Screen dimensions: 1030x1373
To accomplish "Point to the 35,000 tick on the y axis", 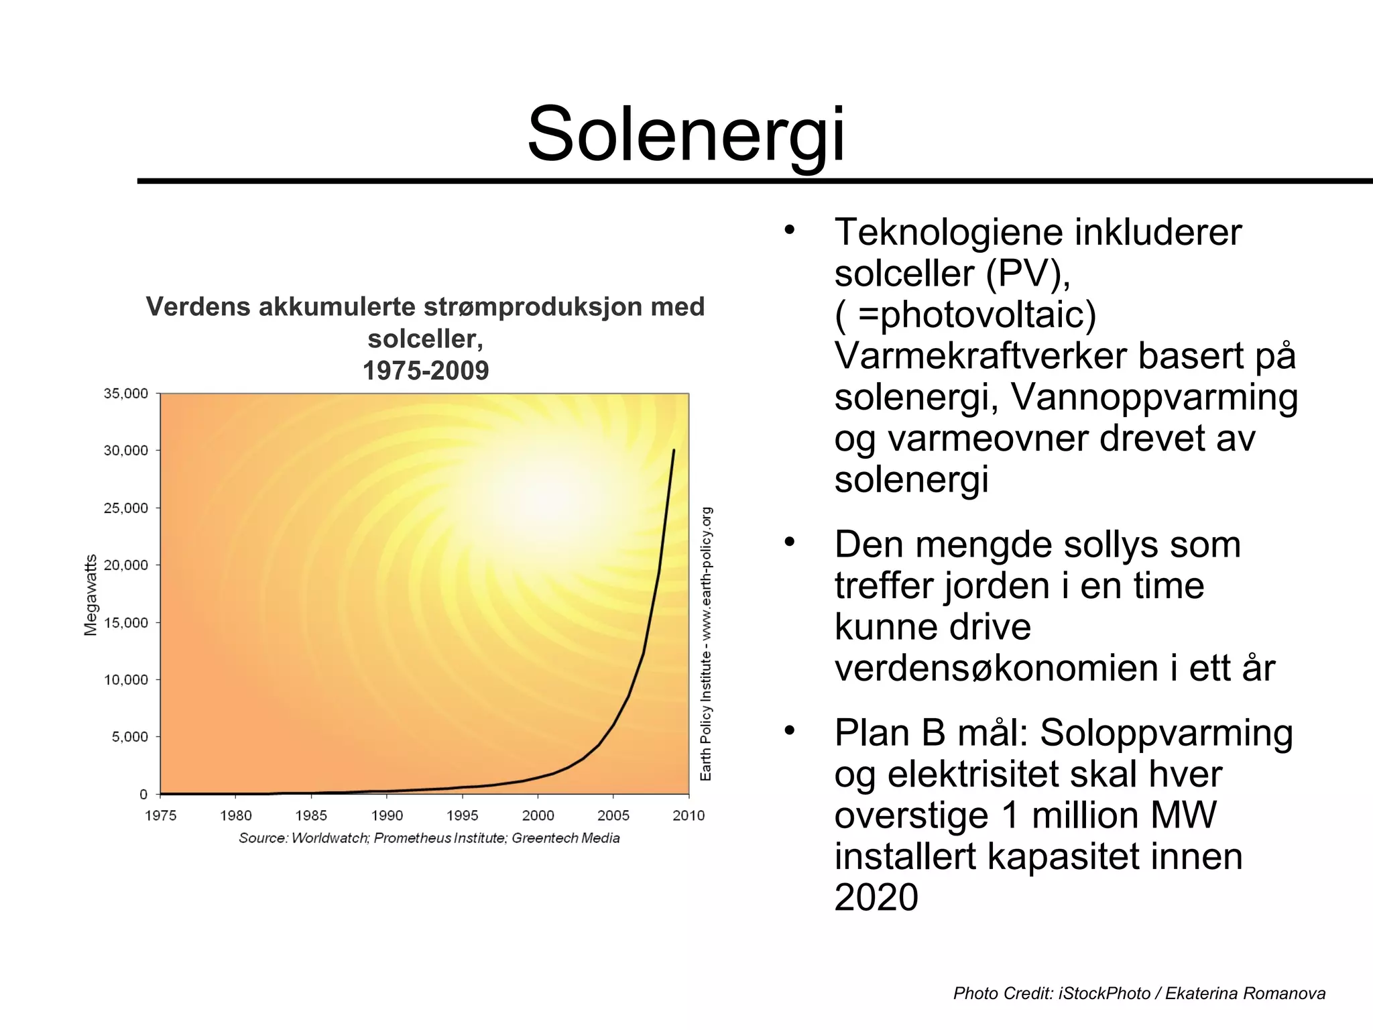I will pos(125,394).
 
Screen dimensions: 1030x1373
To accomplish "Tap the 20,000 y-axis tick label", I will pos(125,565).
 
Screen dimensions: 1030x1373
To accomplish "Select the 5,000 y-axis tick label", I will pos(129,737).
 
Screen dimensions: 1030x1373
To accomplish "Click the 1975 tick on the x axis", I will pos(161,815).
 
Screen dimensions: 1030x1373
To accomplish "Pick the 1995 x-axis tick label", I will pos(463,815).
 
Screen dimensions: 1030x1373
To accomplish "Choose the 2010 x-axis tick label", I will pos(689,815).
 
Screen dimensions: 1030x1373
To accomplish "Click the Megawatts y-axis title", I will pos(91,595).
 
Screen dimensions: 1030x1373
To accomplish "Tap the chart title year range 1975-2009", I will pos(426,371).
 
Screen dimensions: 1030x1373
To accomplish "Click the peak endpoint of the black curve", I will pos(674,450).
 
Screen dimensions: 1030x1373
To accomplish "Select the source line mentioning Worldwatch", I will pos(429,838).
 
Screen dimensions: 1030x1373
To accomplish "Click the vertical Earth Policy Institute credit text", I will pos(706,644).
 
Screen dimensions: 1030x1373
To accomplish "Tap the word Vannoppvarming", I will pos(1154,397).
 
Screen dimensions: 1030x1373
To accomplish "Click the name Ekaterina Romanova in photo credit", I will pos(1245,993).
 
